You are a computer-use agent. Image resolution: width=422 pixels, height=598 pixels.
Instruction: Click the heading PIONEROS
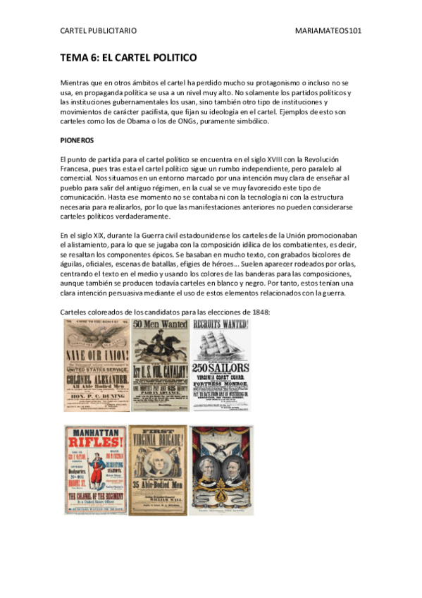77,140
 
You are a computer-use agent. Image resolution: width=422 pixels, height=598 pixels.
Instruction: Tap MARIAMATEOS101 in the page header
330,30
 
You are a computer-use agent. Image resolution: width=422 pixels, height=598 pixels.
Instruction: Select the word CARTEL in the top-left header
73,30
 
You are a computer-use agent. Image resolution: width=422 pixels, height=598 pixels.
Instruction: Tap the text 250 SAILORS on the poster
221,370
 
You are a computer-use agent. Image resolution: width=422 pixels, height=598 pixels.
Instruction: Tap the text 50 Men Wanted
160,324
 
